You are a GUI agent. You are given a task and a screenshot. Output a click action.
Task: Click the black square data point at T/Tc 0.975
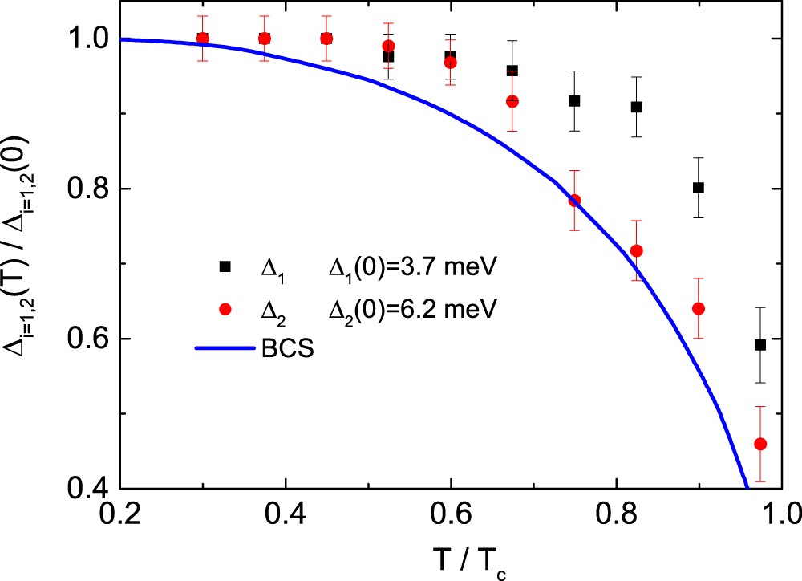[760, 345]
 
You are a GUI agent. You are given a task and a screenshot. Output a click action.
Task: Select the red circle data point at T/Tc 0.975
[760, 444]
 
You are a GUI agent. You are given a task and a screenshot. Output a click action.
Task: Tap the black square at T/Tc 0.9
[699, 188]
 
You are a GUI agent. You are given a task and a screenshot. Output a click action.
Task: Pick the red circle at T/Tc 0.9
[699, 308]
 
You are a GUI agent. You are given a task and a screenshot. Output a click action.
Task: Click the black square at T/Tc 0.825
[637, 107]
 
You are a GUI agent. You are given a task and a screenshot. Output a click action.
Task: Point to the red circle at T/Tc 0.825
[637, 251]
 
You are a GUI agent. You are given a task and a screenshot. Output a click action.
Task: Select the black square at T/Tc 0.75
[574, 101]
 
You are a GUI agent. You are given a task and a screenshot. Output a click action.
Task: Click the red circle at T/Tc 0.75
[574, 201]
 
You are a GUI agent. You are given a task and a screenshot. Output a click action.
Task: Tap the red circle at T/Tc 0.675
[512, 101]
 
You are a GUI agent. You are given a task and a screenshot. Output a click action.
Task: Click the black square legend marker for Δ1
[225, 266]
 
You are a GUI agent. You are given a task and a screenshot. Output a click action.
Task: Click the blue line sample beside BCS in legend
[223, 348]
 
